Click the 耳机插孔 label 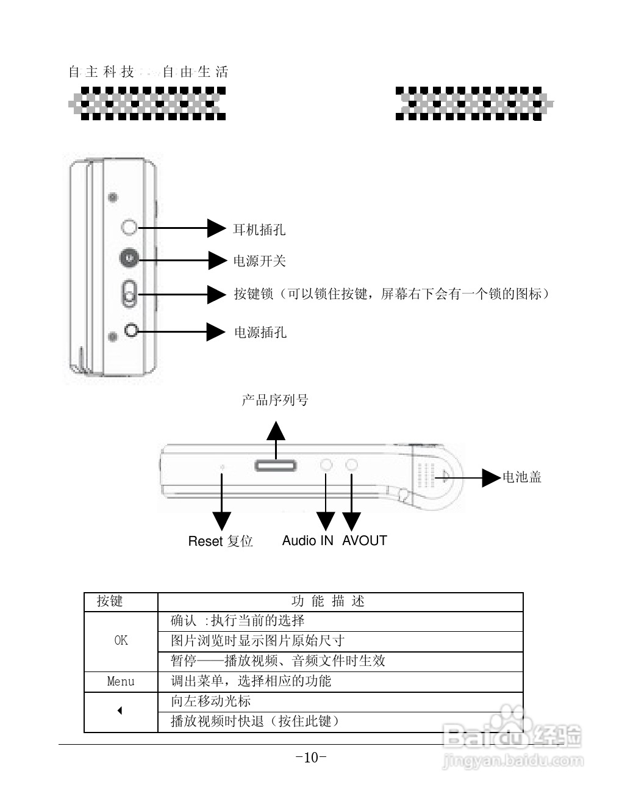[259, 230]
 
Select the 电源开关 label [259, 261]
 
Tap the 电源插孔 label [260, 333]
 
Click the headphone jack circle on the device [129, 228]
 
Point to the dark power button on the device [129, 258]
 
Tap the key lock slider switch [129, 294]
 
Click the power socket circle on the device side [132, 330]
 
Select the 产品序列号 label [275, 400]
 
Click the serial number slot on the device [276, 466]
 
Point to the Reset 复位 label [220, 541]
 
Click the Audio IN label [307, 541]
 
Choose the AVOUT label [364, 541]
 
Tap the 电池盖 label [522, 477]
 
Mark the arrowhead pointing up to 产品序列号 [276, 430]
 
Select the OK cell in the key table [121, 640]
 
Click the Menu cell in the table [121, 681]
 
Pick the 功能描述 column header [328, 601]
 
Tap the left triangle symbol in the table [120, 711]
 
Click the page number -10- [311, 758]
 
